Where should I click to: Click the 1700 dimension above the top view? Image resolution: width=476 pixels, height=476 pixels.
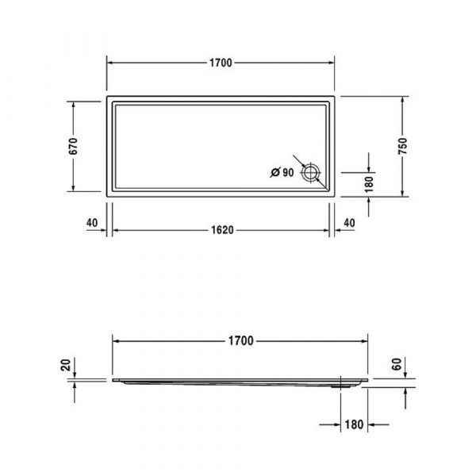(x=221, y=63)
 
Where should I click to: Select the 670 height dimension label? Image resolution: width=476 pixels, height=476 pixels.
(x=73, y=146)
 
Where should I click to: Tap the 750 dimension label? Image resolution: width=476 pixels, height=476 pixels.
(x=402, y=146)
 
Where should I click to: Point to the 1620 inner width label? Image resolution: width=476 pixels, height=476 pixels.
(x=222, y=230)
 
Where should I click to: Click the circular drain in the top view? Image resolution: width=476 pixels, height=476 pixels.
(x=310, y=173)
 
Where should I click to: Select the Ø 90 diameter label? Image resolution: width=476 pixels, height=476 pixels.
(x=282, y=172)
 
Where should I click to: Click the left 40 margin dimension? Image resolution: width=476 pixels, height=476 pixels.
(x=92, y=223)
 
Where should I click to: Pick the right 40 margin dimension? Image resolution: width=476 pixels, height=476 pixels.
(x=349, y=223)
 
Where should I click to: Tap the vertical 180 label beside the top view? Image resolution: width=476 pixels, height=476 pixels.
(x=369, y=185)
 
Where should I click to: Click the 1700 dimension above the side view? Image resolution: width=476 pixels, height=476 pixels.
(x=240, y=341)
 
